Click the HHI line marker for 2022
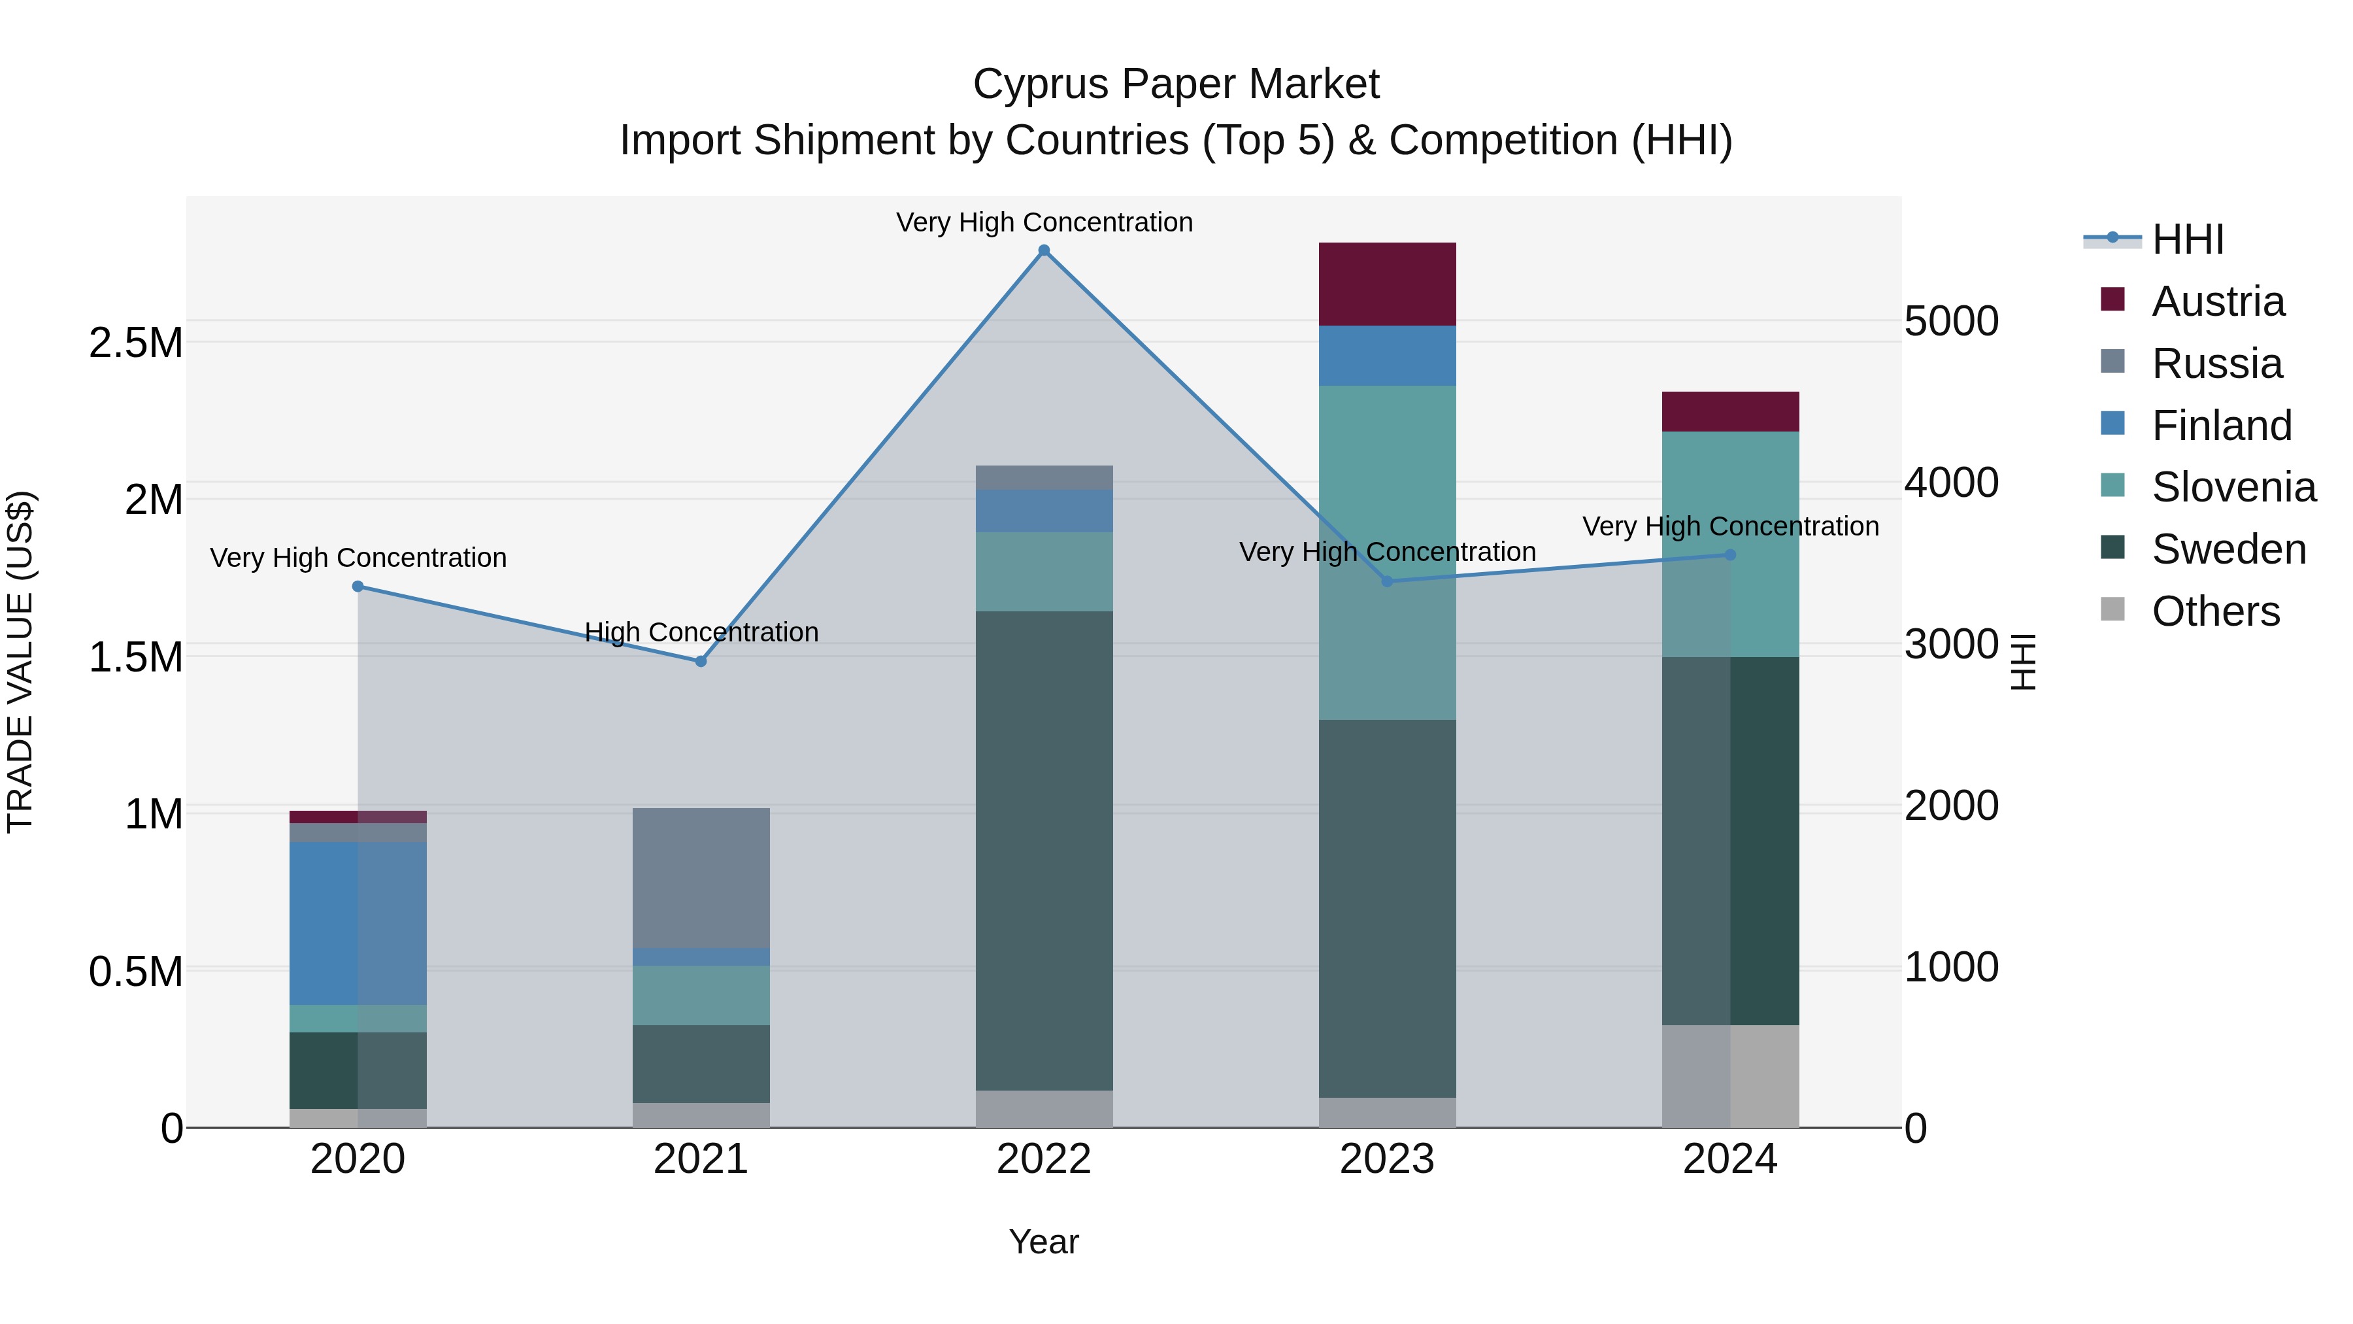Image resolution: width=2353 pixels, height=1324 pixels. (x=1044, y=250)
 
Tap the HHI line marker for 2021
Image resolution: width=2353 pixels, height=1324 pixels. (x=701, y=660)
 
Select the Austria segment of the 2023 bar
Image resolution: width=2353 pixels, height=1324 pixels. (x=1386, y=284)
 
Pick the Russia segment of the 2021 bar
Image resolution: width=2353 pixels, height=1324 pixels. (x=701, y=877)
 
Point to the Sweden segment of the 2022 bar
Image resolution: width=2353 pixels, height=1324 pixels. (x=1044, y=850)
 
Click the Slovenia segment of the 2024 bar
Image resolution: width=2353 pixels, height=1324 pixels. (x=1730, y=544)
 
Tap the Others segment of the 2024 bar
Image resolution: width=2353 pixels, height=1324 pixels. (x=1730, y=1076)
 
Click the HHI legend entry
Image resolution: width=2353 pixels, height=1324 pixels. (x=2187, y=239)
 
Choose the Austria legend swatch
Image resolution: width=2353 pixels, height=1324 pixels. (x=2112, y=299)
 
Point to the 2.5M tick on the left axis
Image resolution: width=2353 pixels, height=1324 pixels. (x=135, y=343)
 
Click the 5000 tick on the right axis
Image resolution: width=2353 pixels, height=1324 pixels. (x=1951, y=322)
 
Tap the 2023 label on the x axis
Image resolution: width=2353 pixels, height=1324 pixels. (x=1386, y=1159)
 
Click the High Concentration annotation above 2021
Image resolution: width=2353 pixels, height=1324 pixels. (x=701, y=632)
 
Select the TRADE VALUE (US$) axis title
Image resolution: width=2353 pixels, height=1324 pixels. (x=20, y=662)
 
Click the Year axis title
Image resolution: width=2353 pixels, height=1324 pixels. (x=1043, y=1242)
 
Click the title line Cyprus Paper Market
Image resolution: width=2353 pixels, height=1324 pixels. (x=1176, y=84)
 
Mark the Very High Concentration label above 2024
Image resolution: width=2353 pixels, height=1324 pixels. (x=1730, y=526)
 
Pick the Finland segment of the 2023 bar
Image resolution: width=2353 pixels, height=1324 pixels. (x=1386, y=356)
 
